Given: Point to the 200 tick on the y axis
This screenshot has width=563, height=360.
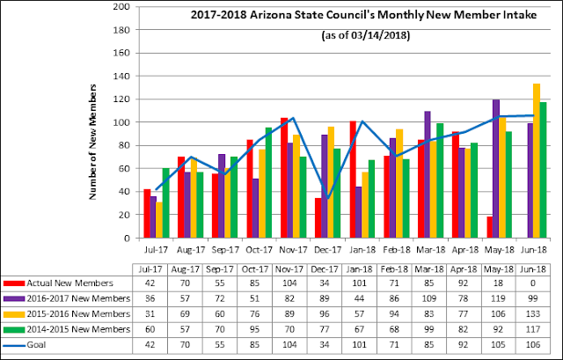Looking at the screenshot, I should point(122,7).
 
